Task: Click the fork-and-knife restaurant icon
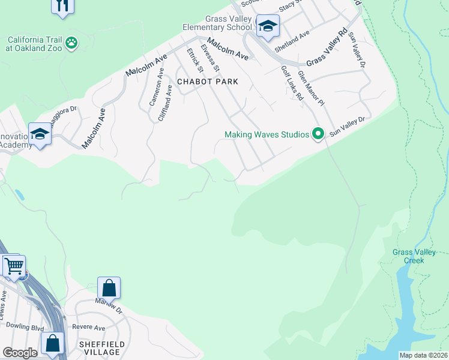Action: click(x=63, y=5)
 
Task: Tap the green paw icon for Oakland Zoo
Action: click(x=72, y=43)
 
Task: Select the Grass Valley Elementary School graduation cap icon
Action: click(x=267, y=26)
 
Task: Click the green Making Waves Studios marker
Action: click(x=318, y=134)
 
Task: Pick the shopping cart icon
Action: click(x=14, y=265)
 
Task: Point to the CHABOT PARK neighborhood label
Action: click(x=207, y=82)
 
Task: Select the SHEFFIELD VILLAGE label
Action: click(x=102, y=348)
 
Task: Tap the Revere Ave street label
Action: click(x=88, y=328)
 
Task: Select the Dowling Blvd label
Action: click(x=25, y=326)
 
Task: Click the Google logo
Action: click(x=20, y=353)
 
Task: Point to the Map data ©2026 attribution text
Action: click(x=423, y=355)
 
